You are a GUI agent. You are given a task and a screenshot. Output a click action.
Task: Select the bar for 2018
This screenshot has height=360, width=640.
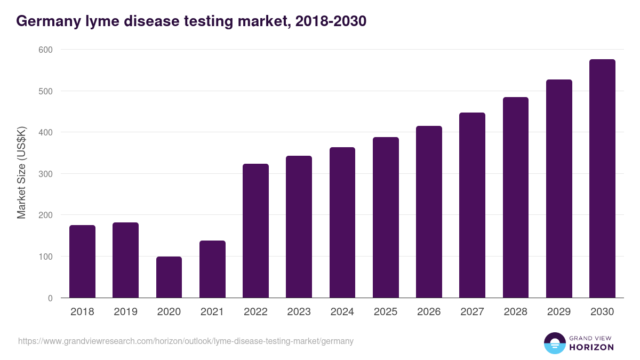(82, 261)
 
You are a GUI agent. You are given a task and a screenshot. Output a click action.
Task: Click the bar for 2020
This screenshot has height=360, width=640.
(169, 277)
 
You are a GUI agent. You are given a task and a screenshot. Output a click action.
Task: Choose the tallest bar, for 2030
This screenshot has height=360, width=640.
(602, 179)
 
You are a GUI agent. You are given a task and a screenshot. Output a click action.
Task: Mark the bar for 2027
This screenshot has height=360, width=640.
(472, 205)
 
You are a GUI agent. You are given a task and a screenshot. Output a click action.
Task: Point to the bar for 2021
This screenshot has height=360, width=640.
(212, 269)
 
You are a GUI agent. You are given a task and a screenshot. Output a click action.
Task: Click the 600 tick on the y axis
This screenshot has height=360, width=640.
(46, 50)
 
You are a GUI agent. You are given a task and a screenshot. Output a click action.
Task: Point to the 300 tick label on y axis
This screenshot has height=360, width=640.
(46, 174)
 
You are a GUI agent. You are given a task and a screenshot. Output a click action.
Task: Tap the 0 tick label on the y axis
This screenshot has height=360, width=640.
(50, 298)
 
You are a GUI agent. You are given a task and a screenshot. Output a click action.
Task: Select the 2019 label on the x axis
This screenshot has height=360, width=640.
(125, 312)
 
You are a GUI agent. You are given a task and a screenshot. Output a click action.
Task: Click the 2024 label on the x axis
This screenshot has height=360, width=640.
(342, 312)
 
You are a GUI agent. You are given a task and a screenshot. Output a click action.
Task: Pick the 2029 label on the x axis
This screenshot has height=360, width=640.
(559, 312)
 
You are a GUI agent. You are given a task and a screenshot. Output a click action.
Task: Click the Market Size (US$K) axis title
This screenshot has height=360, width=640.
(21, 174)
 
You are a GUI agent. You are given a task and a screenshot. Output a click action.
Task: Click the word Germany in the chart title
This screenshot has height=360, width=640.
(45, 21)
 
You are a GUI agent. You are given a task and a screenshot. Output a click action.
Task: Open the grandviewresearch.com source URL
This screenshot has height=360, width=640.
(186, 341)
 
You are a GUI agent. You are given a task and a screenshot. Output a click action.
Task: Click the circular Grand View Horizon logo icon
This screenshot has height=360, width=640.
(554, 343)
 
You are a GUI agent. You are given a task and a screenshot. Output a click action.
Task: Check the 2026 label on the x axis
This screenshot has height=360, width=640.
(429, 312)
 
